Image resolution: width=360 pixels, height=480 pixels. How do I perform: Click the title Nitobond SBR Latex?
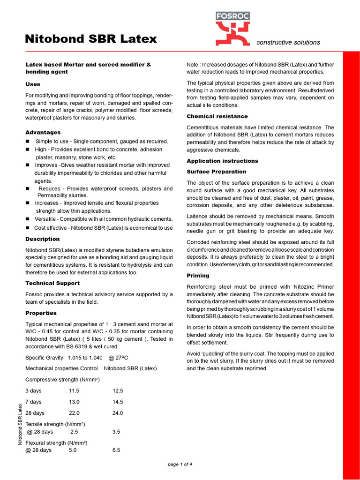(91, 39)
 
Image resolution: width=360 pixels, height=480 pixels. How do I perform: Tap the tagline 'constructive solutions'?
(288, 42)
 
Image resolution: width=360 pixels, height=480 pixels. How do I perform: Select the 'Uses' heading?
(33, 84)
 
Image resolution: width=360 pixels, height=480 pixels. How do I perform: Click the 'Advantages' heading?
(43, 133)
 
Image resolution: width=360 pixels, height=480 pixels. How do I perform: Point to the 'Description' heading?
(42, 239)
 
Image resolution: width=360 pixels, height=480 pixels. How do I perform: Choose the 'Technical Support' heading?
(52, 283)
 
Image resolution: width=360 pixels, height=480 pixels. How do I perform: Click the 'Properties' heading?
(41, 313)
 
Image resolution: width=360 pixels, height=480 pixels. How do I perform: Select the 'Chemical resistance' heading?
(217, 116)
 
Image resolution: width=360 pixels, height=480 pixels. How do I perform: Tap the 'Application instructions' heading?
(222, 161)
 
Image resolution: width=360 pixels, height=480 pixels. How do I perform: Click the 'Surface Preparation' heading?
(216, 172)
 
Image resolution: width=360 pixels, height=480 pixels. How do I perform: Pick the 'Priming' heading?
(198, 276)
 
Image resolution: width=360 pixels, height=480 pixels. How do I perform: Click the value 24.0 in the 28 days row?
(118, 413)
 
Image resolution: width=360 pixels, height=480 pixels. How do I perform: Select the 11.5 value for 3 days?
(74, 390)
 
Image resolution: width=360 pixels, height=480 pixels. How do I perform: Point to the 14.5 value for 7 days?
(118, 402)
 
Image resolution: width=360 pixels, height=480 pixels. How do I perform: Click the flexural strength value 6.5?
(116, 450)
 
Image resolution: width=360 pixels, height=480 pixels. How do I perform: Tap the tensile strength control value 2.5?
(74, 432)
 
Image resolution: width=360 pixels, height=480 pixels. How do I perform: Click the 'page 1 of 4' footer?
(180, 464)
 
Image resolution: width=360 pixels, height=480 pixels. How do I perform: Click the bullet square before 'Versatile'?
(28, 219)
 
